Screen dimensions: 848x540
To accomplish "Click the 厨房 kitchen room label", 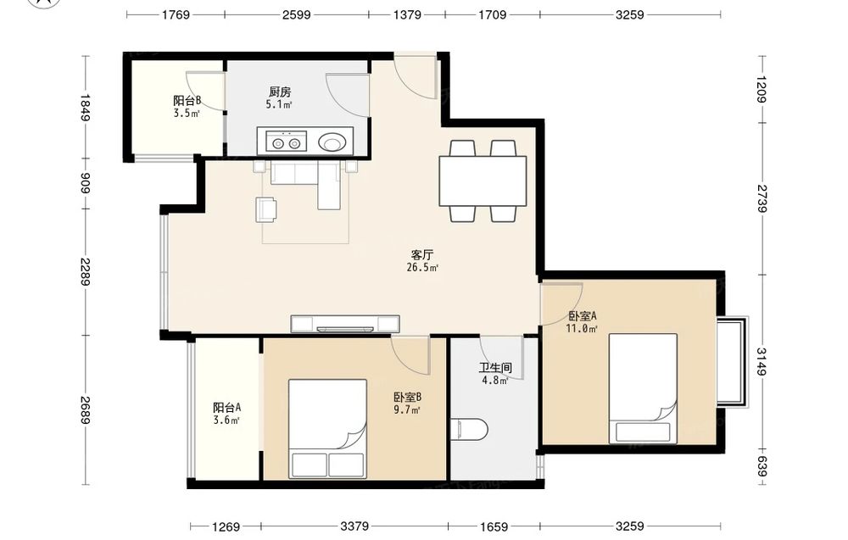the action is pyautogui.click(x=280, y=92).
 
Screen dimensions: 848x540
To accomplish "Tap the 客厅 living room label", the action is pyautogui.click(x=421, y=255).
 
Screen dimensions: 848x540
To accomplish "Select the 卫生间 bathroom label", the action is pyautogui.click(x=495, y=368).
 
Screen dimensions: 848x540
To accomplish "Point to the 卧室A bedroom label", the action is pyautogui.click(x=582, y=316).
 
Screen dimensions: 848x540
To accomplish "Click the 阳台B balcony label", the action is pyautogui.click(x=187, y=101).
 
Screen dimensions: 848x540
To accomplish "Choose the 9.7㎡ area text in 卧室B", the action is pyautogui.click(x=407, y=409).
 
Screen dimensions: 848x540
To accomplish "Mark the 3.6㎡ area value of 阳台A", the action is pyautogui.click(x=226, y=420).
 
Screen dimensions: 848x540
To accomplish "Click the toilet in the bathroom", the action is pyautogui.click(x=469, y=430).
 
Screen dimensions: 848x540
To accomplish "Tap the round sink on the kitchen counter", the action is pyautogui.click(x=331, y=142).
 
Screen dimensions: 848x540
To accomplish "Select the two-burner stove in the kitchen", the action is pyautogui.click(x=286, y=142).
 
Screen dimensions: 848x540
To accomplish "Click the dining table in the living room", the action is pyautogui.click(x=483, y=181).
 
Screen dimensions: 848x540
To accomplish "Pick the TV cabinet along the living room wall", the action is pyautogui.click(x=345, y=324).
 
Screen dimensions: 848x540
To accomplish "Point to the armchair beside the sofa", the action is pyautogui.click(x=266, y=209).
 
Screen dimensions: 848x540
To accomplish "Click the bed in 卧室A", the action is pyautogui.click(x=643, y=388).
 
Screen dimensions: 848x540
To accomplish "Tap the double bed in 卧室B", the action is pyautogui.click(x=327, y=429).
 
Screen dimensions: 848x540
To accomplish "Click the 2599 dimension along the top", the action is pyautogui.click(x=296, y=14).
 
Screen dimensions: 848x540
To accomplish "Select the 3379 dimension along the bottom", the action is pyautogui.click(x=354, y=526).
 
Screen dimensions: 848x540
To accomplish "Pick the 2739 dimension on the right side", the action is pyautogui.click(x=762, y=198).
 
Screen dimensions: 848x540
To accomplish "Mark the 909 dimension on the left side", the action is pyautogui.click(x=85, y=183).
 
